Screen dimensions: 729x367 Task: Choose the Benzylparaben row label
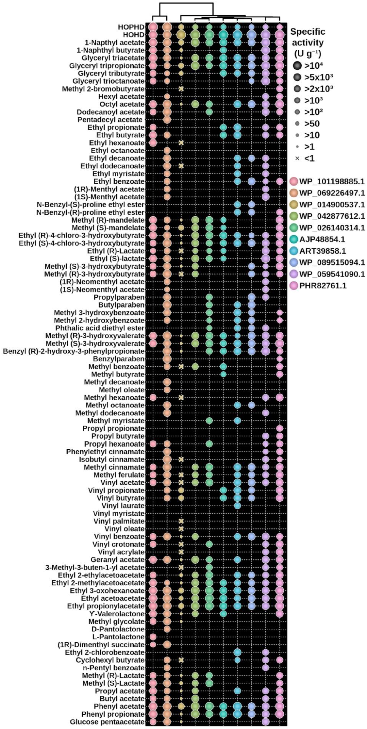tap(119, 359)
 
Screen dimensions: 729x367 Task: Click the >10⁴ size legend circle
tap(297, 66)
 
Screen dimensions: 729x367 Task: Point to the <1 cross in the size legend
tap(297, 158)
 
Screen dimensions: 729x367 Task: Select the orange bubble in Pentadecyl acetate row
tap(167, 120)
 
